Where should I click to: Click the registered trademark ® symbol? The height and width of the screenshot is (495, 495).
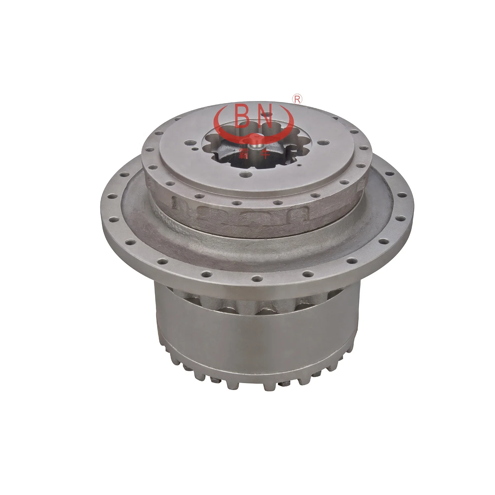pos(297,99)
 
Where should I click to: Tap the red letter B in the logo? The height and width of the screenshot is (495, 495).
pos(244,117)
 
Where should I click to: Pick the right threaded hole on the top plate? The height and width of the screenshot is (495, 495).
pos(320,143)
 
